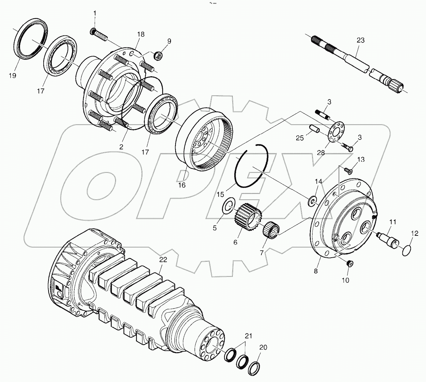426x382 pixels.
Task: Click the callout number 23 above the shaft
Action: coord(360,40)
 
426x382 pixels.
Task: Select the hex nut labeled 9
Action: coord(159,56)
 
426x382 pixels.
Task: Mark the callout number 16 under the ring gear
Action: coord(182,185)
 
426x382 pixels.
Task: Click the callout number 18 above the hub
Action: coord(141,34)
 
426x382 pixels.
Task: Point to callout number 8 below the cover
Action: coord(316,271)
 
